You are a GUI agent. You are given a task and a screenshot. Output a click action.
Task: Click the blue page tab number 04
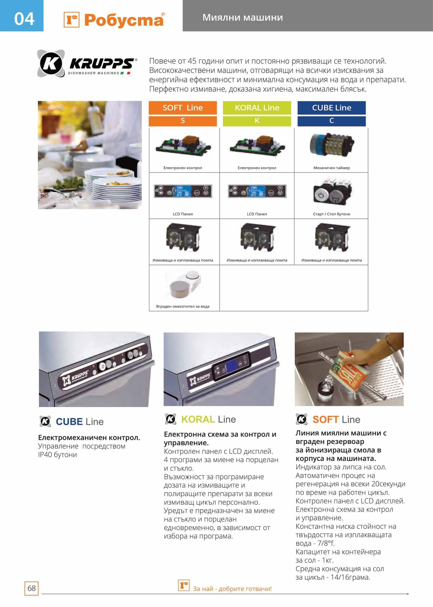[x=24, y=19]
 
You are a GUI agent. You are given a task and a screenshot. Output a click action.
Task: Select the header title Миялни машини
[x=242, y=17]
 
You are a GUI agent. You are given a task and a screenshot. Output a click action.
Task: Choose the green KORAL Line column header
[x=257, y=108]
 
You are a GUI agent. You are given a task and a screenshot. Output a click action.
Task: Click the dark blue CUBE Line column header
[x=331, y=108]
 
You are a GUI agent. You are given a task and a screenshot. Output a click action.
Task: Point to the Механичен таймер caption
[x=331, y=168]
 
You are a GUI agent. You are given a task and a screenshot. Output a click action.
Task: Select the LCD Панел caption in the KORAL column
[x=257, y=214]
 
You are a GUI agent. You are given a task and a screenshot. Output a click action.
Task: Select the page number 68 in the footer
[x=32, y=588]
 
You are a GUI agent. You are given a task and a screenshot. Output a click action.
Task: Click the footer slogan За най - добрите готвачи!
[x=232, y=589]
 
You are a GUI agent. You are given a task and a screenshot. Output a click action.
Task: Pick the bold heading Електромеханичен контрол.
[x=89, y=438]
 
